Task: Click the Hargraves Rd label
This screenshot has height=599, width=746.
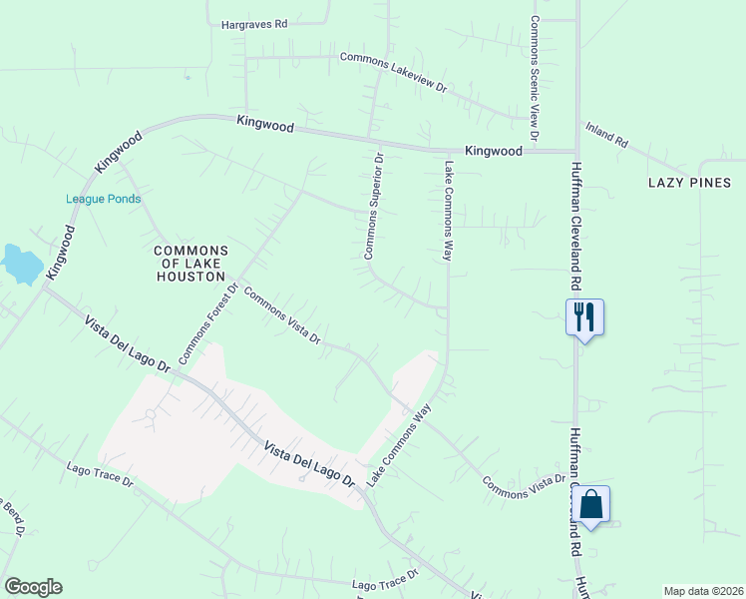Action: [253, 23]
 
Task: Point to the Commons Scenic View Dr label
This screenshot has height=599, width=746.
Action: [535, 78]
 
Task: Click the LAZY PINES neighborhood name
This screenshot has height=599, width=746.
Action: [689, 183]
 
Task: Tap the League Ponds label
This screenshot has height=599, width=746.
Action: [103, 199]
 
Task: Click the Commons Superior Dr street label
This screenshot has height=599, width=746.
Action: [372, 207]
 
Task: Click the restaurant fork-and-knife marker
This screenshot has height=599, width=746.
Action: [584, 317]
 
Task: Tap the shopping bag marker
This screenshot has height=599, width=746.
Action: [591, 504]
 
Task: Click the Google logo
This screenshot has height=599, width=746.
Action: [33, 587]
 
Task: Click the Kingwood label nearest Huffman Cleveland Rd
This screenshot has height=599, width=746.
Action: [495, 152]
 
